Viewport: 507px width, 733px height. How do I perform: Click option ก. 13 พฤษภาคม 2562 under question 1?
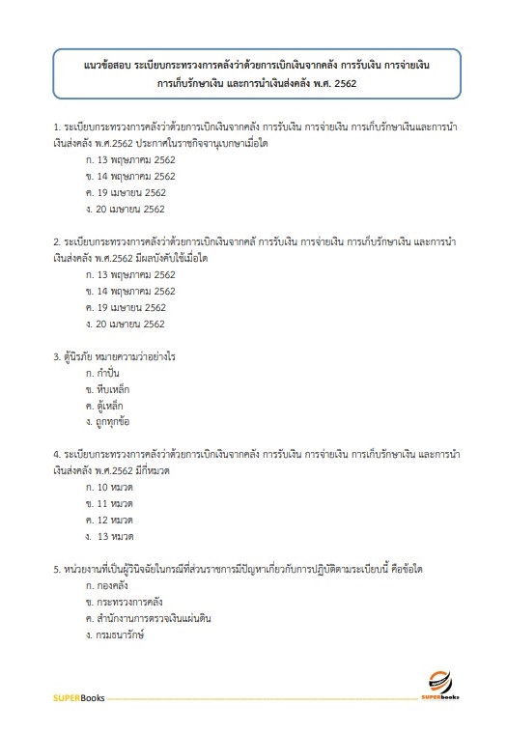pyautogui.click(x=129, y=159)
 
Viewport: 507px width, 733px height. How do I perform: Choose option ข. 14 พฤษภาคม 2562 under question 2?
pyautogui.click(x=129, y=291)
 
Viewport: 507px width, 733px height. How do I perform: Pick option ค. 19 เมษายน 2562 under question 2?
pyautogui.click(x=125, y=307)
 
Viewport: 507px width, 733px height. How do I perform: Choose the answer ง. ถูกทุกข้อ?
pyautogui.click(x=107, y=422)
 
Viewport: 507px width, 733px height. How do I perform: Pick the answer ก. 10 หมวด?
pyautogui.click(x=108, y=487)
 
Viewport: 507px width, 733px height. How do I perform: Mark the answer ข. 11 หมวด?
pyautogui.click(x=108, y=503)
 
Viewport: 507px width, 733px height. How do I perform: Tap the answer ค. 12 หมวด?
pyautogui.click(x=108, y=520)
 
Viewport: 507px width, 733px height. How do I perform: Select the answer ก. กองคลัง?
pyautogui.click(x=106, y=585)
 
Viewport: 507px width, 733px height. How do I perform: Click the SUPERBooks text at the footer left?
pyautogui.click(x=77, y=698)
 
